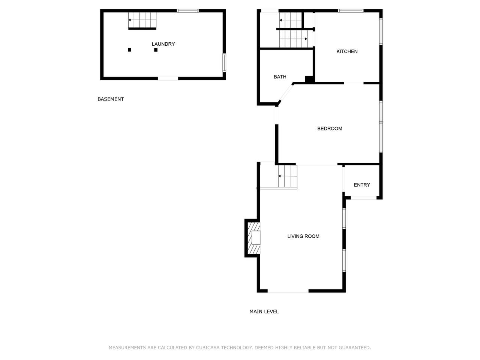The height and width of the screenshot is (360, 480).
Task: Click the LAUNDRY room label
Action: coord(163,44)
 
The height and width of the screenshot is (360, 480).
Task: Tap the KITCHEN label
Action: coord(347,51)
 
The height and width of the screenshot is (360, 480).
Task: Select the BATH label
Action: coord(280,77)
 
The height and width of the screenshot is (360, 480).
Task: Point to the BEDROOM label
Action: coord(330,129)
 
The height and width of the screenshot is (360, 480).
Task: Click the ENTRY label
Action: coord(362,185)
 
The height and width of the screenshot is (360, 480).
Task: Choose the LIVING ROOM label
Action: coord(303,236)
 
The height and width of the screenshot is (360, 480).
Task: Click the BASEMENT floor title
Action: coord(111,99)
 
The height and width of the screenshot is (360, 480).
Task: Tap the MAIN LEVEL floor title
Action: coord(264,312)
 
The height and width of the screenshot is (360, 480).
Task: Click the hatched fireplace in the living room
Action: coord(253,238)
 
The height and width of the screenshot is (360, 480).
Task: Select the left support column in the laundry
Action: coord(129,50)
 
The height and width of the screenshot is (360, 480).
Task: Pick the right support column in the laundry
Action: coord(156,50)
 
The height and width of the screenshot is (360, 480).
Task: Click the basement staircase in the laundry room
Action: coord(142,20)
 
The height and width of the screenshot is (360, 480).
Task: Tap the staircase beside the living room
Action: coord(288,176)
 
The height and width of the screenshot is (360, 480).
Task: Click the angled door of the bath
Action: coord(286,93)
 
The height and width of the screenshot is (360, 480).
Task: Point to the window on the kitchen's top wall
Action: coord(351,11)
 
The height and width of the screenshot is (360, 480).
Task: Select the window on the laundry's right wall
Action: coord(224,63)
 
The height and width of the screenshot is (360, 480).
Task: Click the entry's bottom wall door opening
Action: coord(363,198)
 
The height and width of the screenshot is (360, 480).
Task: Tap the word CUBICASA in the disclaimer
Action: coord(207,348)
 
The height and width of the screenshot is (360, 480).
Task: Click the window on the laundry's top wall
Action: coord(187,11)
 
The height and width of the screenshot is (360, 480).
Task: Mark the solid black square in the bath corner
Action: coord(309,79)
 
